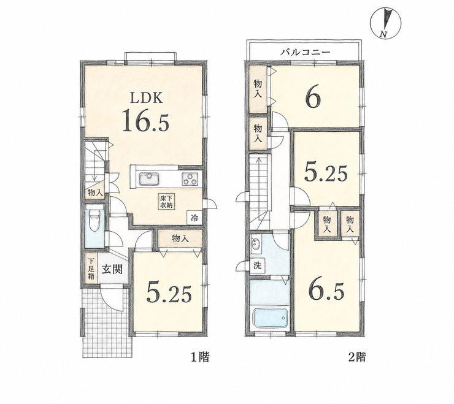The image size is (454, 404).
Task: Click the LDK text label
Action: point(146,99)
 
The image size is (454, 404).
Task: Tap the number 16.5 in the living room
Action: point(145,121)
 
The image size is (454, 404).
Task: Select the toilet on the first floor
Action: point(94,221)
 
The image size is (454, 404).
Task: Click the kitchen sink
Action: point(149,178)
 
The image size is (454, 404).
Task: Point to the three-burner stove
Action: point(190,178)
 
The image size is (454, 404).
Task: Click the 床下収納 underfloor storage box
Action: point(166,202)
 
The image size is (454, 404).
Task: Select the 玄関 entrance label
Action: point(112,269)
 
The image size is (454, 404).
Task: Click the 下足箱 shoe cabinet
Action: point(91,269)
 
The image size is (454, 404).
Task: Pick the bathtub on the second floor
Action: point(270,318)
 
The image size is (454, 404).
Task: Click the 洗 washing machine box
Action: point(257,266)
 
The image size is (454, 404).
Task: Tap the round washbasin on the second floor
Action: point(255,243)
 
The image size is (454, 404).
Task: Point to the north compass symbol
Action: point(386,24)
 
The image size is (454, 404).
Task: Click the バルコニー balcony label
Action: point(305,52)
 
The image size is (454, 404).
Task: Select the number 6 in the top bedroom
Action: point(313,99)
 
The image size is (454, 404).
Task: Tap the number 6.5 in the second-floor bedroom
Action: point(327,290)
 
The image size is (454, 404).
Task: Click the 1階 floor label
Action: point(199,357)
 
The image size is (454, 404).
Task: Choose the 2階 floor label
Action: point(357,357)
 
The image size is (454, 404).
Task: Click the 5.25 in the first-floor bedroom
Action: point(169,292)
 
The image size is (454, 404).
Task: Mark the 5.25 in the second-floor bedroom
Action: point(325,174)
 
